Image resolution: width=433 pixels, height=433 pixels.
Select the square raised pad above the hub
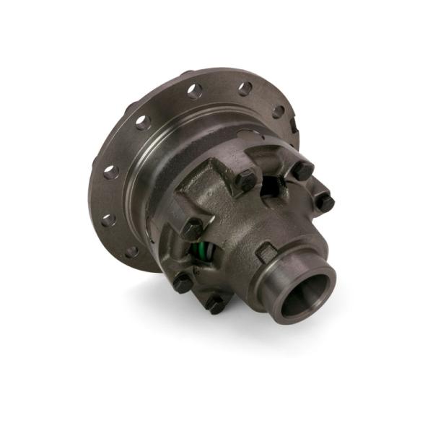(x=266, y=252)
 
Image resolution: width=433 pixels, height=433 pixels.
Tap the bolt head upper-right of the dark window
(x=302, y=171)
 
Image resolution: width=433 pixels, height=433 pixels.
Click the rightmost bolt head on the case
(x=325, y=203)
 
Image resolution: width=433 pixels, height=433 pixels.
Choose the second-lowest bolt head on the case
(x=183, y=282)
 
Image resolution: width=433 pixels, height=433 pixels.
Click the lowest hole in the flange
(x=131, y=252)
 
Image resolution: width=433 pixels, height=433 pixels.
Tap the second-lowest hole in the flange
(x=108, y=219)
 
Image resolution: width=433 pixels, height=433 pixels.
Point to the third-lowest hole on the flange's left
(x=110, y=172)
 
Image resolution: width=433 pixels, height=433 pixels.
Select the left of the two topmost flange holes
(x=193, y=91)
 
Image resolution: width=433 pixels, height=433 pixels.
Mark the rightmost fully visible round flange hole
(x=278, y=111)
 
